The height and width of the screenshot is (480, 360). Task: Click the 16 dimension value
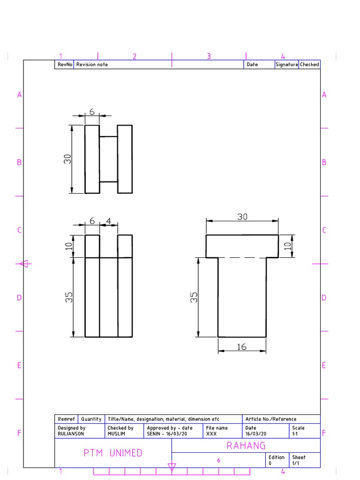(241, 347)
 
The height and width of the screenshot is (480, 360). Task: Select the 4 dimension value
(108, 221)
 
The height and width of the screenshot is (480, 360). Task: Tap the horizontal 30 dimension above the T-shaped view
(242, 217)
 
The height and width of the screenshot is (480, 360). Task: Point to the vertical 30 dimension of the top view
(67, 159)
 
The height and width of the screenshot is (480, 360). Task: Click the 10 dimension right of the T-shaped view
(288, 246)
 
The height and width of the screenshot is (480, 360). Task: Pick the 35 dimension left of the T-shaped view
(194, 297)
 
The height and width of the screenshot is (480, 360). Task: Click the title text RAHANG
(246, 445)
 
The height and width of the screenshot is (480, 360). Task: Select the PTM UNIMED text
(113, 453)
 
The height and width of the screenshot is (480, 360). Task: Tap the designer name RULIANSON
(71, 434)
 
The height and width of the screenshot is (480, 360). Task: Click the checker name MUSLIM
(116, 434)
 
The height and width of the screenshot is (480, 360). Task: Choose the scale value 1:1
(295, 434)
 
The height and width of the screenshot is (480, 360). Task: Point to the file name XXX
(211, 434)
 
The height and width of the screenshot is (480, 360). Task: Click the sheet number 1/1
(296, 463)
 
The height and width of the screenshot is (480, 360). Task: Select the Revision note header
(92, 65)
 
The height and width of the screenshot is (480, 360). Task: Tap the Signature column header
(286, 65)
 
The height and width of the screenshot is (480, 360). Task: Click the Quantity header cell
(91, 419)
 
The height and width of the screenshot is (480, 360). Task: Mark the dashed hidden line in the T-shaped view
(242, 257)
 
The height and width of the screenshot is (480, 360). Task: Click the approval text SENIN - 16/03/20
(167, 434)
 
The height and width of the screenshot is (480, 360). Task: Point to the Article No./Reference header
(271, 419)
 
